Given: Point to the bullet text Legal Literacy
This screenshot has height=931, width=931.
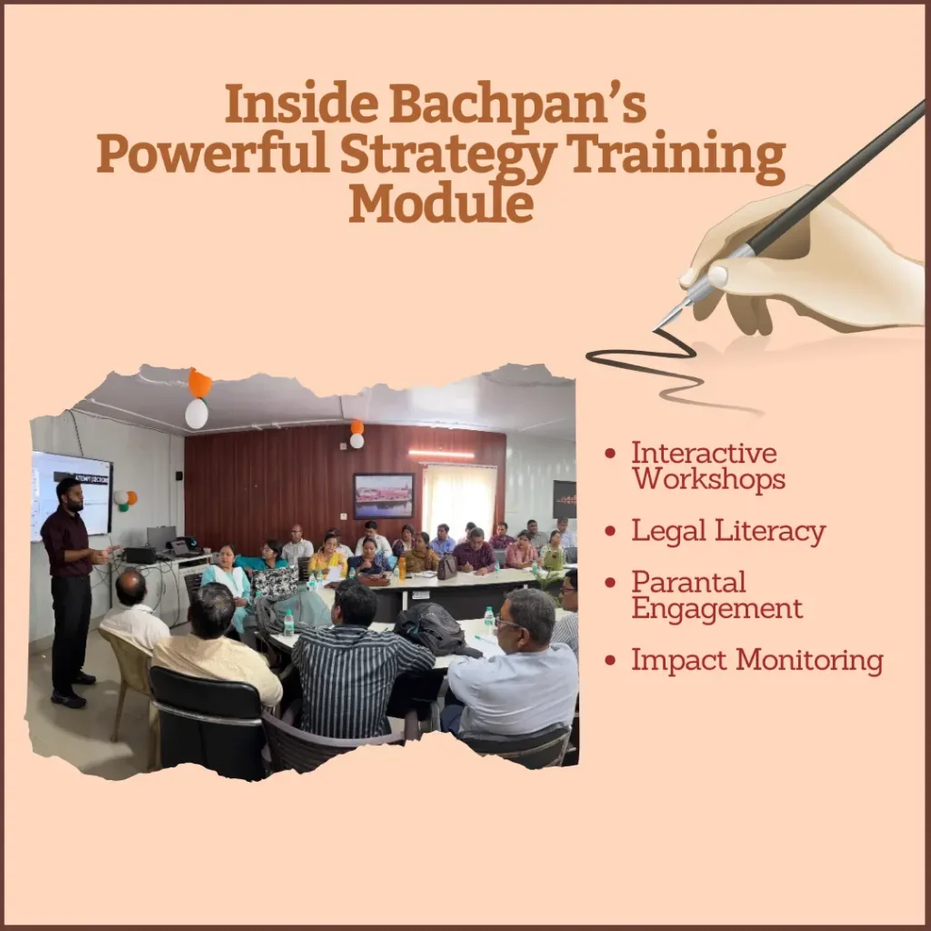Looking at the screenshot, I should tap(728, 531).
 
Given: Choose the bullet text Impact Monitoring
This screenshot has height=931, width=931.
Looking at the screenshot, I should tap(756, 661).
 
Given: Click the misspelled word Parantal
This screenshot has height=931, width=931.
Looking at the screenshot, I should tap(688, 582).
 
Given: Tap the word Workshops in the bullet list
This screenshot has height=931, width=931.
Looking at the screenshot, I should tap(708, 478).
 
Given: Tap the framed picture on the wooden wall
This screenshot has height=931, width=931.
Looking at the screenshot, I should tap(383, 496).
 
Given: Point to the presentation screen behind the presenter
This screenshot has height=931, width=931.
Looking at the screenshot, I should tap(71, 495).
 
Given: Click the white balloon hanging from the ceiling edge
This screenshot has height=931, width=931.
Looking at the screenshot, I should tap(196, 414).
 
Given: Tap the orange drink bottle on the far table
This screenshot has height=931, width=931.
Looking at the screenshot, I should tap(402, 568).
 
